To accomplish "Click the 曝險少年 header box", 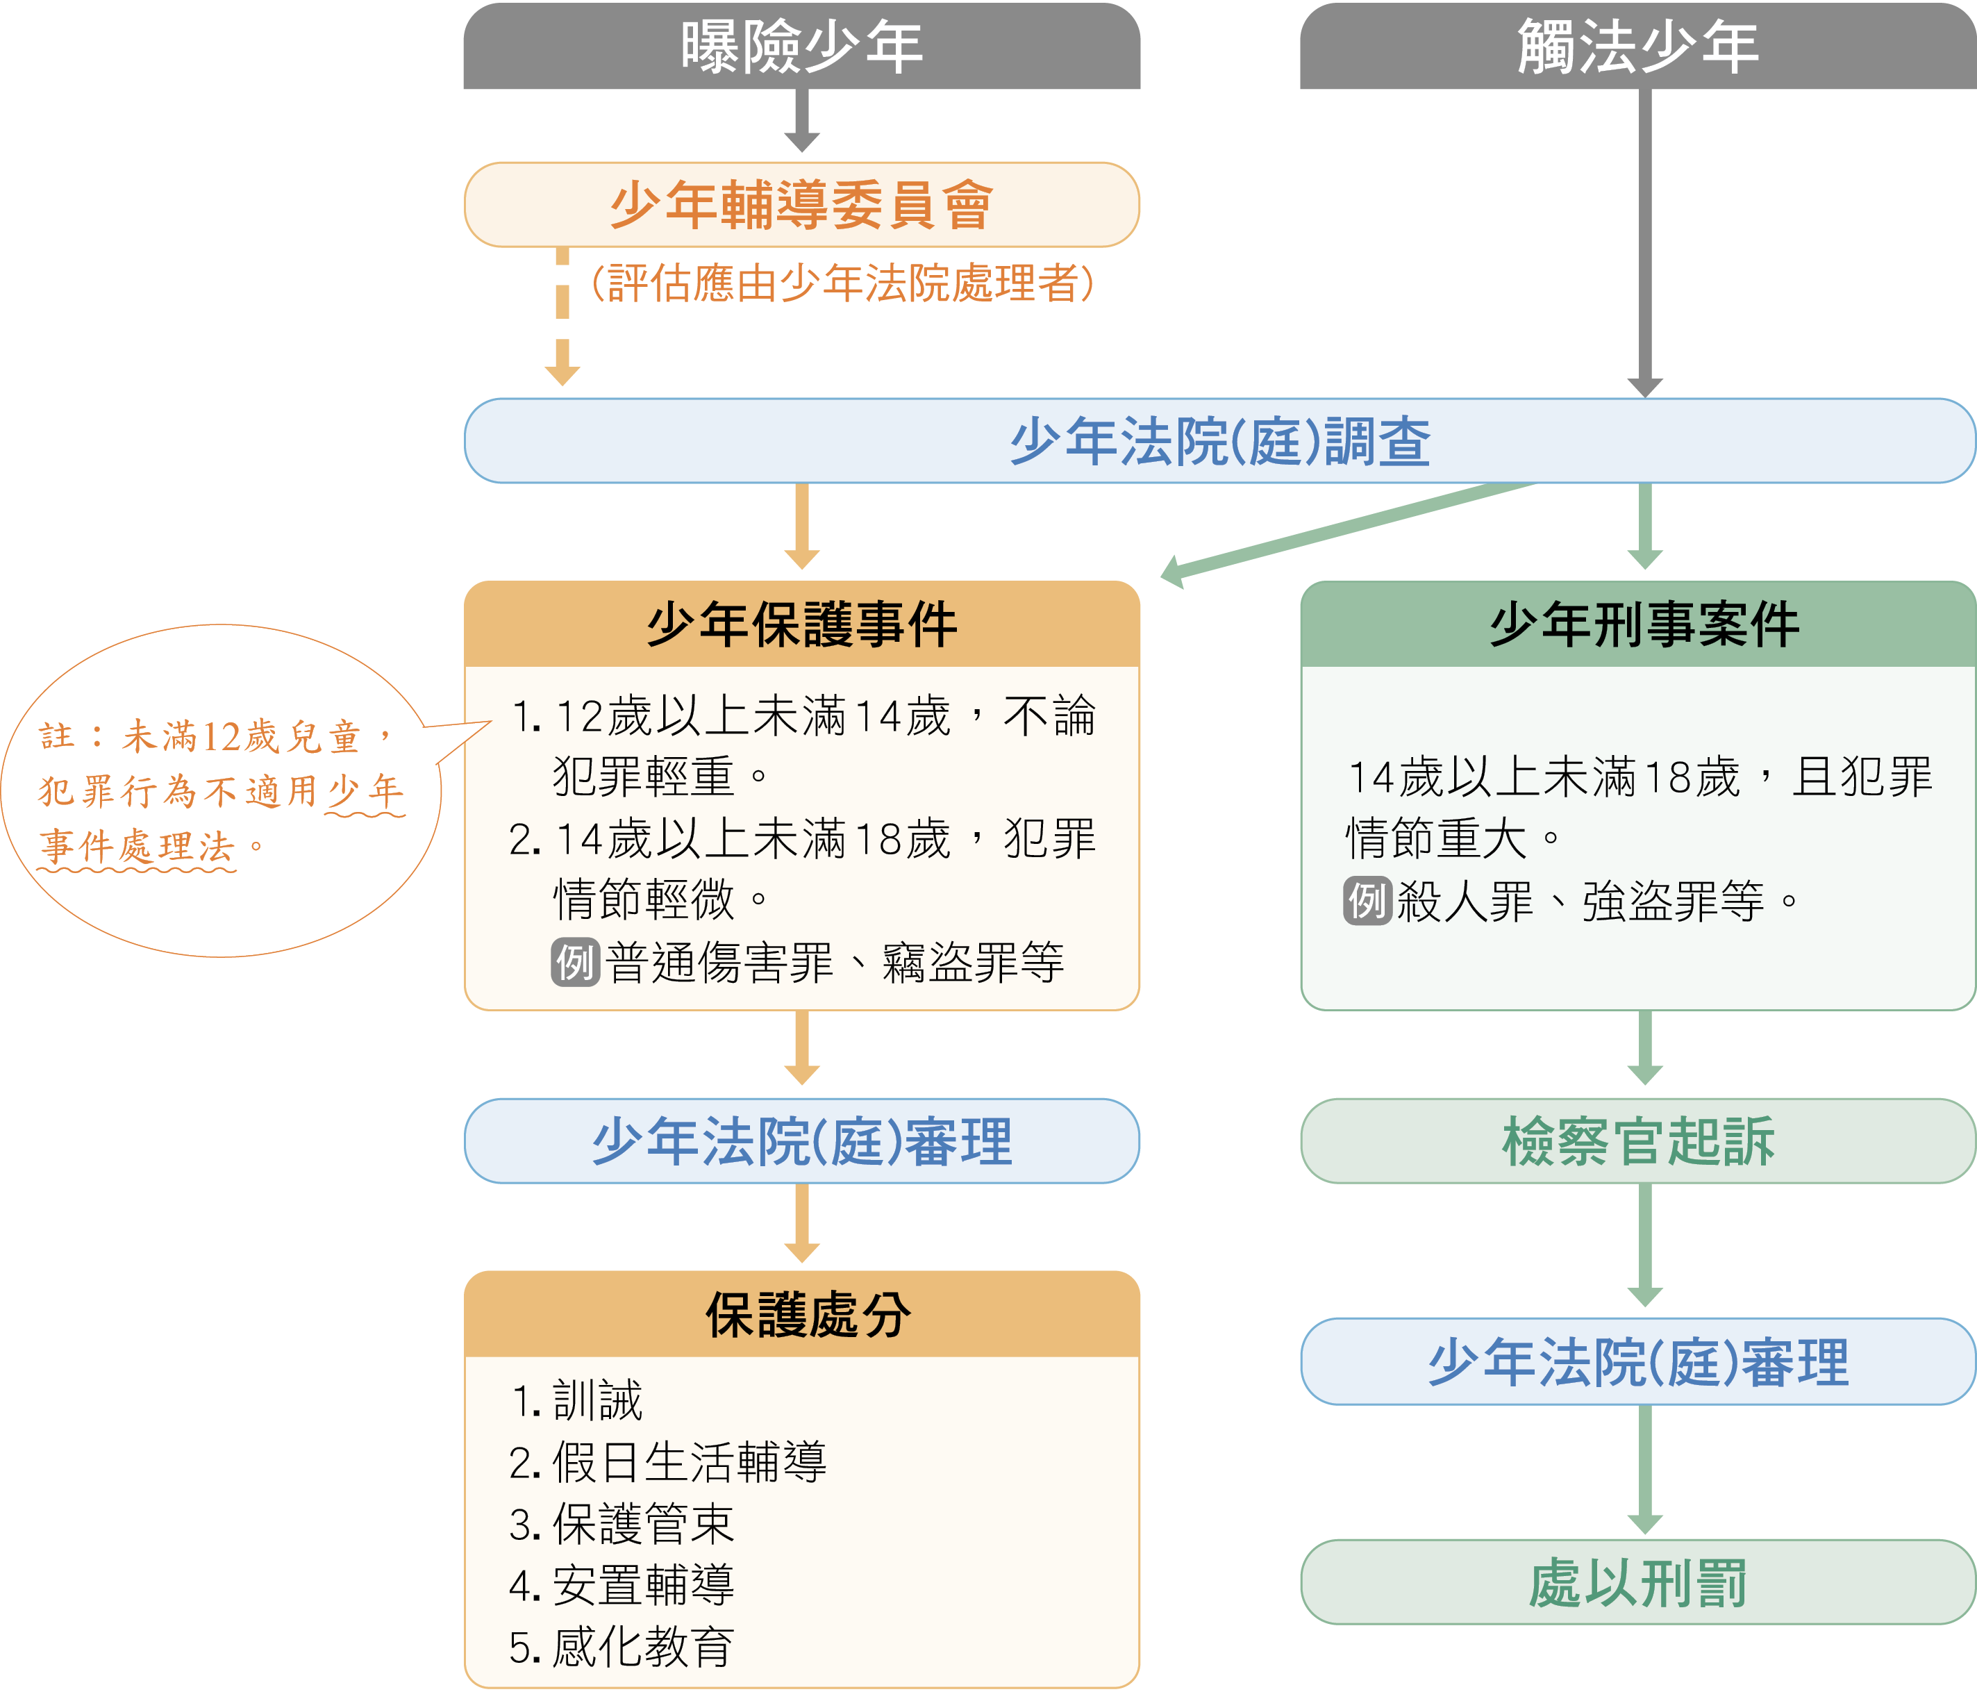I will pyautogui.click(x=801, y=46).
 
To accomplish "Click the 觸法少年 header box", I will pyautogui.click(x=1637, y=46).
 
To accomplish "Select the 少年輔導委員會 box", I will pyautogui.click(x=801, y=204).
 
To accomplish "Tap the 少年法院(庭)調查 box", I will pyautogui.click(x=1219, y=441).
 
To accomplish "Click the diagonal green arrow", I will pyautogui.click(x=1345, y=531).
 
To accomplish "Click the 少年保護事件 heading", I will pyautogui.click(x=801, y=624).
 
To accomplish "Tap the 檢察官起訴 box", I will pyautogui.click(x=1637, y=1141).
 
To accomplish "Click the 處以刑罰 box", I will pyautogui.click(x=1637, y=1582).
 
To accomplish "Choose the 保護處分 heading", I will pyautogui.click(x=807, y=1314).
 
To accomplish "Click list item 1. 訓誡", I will pyautogui.click(x=577, y=1400).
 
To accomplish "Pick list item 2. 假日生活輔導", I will pyautogui.click(x=668, y=1461).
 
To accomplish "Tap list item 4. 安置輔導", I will pyautogui.click(x=622, y=1584).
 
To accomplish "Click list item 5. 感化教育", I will pyautogui.click(x=622, y=1646).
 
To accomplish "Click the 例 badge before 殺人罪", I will pyautogui.click(x=1367, y=901).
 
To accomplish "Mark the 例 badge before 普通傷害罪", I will pyautogui.click(x=576, y=961).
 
